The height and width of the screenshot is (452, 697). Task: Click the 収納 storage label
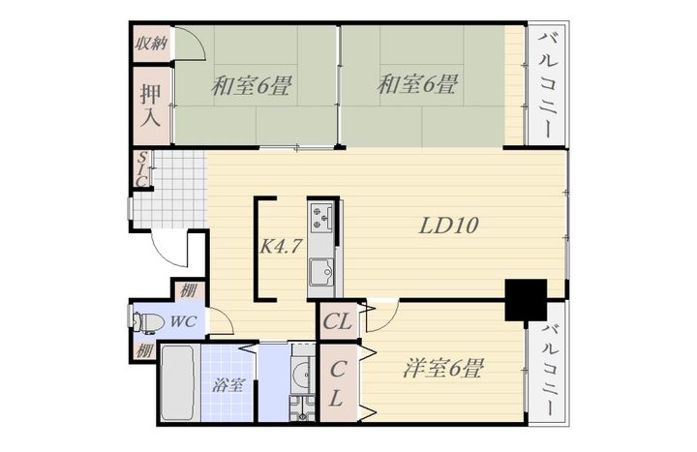[x=152, y=44]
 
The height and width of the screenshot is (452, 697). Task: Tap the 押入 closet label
[x=151, y=105]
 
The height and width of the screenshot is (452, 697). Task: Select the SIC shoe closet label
[x=141, y=169]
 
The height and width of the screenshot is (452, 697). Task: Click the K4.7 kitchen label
[x=281, y=246]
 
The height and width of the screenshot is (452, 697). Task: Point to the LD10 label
[x=449, y=226]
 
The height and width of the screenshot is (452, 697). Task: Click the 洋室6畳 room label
[x=442, y=369]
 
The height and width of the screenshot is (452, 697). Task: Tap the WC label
[x=183, y=321]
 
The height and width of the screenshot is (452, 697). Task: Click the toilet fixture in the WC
[x=145, y=322]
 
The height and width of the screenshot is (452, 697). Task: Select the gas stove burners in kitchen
[x=321, y=216]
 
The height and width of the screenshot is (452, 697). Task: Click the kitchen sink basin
[x=321, y=271]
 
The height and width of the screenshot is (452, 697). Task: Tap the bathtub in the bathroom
[x=177, y=382]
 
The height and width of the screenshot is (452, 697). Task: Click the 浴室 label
[x=227, y=384]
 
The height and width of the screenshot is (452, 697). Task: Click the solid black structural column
[x=526, y=299]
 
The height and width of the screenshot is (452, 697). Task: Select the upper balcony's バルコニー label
[x=548, y=84]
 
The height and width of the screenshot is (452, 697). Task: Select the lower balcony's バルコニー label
[x=551, y=370]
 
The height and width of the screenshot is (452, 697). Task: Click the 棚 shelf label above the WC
[x=188, y=291]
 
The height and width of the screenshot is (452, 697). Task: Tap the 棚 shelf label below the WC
[x=144, y=350]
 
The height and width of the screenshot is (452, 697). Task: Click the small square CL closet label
[x=338, y=321]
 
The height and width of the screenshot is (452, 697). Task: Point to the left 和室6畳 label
[x=251, y=85]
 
